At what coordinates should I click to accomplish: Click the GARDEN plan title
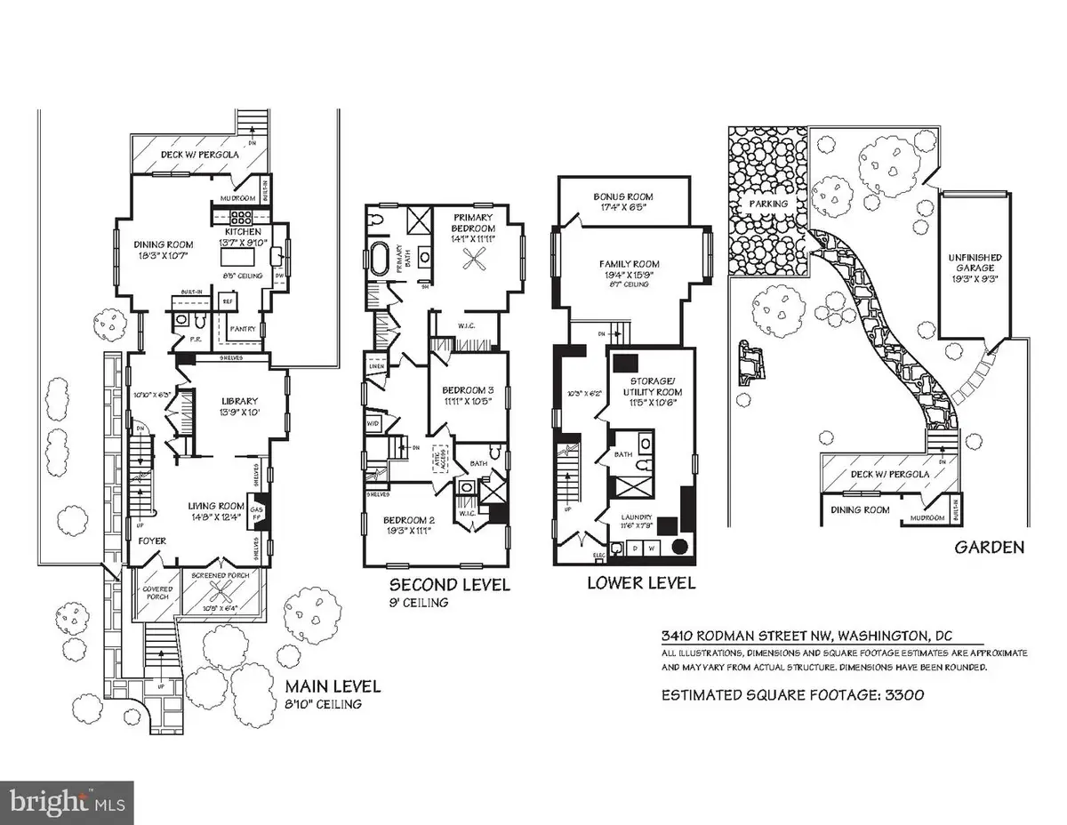[x=989, y=548]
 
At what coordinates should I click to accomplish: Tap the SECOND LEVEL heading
[x=450, y=584]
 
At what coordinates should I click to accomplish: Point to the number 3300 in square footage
[x=898, y=695]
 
